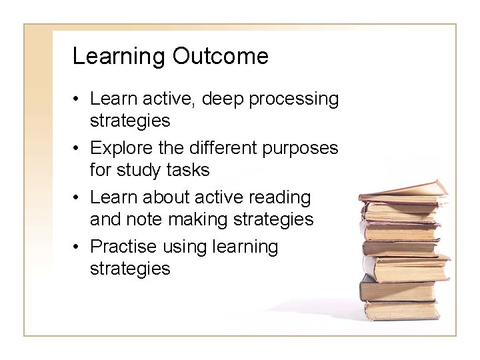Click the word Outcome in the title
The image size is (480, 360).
coord(220,57)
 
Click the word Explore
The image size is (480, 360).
coord(119,148)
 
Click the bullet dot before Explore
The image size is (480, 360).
coord(79,149)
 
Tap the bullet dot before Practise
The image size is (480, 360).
coord(79,247)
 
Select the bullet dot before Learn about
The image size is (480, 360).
coord(79,198)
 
